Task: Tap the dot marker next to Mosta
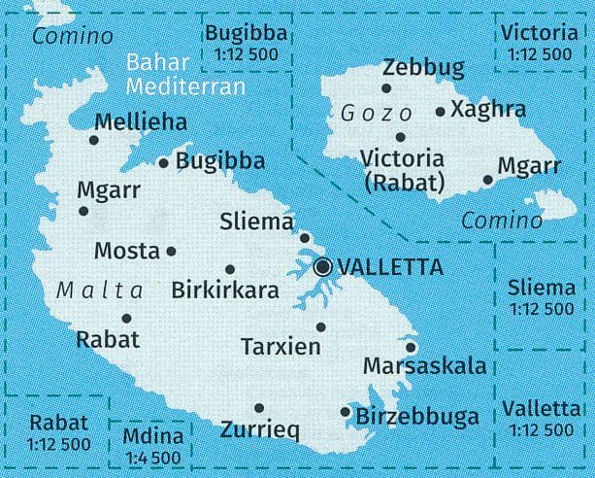(172, 251)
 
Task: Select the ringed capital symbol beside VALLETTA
(323, 265)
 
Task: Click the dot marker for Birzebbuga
(346, 412)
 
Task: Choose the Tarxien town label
(281, 347)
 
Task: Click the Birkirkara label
(224, 290)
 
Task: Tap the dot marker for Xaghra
(441, 112)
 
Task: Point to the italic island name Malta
(100, 290)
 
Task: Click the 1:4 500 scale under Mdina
(153, 458)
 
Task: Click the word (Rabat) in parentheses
(401, 181)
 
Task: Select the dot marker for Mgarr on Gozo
(488, 179)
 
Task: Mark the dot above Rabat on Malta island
(126, 318)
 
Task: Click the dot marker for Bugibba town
(163, 162)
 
